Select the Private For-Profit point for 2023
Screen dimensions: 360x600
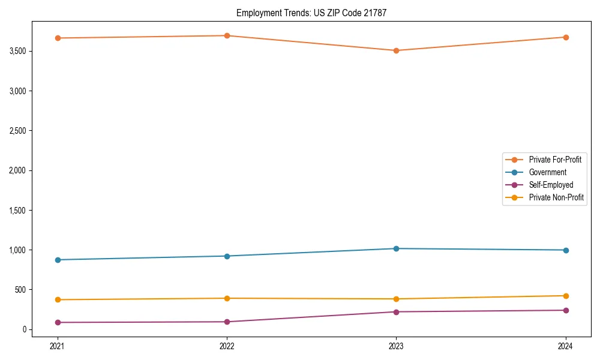(396, 50)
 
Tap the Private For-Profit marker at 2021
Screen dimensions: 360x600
(58, 38)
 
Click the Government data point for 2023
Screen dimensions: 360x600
(396, 248)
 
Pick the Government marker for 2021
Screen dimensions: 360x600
(58, 260)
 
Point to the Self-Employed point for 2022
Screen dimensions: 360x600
(227, 322)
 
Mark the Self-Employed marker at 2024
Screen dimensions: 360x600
(566, 310)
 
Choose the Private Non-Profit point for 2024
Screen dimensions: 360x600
(566, 296)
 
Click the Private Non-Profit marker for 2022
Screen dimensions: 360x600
(227, 298)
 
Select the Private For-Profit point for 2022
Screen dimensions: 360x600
(227, 35)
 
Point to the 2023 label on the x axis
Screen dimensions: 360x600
(396, 346)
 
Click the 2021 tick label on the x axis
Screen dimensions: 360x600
(58, 346)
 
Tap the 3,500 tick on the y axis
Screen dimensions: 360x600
(18, 51)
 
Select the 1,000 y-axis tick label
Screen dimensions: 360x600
(18, 250)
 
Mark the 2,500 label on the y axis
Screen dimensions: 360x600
(18, 131)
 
